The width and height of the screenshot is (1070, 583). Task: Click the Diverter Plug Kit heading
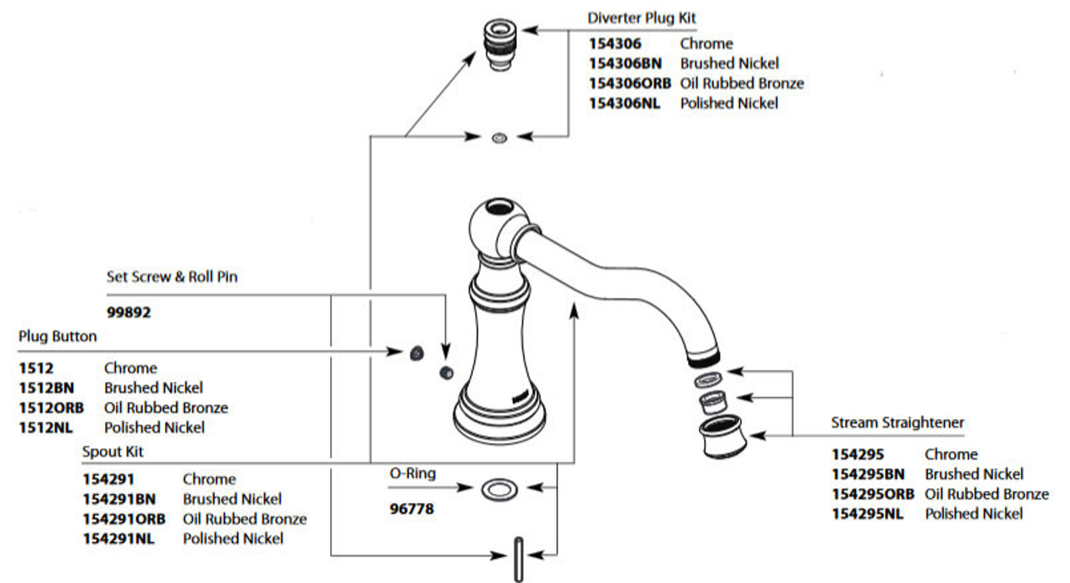(x=641, y=18)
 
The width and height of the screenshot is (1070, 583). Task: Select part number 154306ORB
(x=629, y=83)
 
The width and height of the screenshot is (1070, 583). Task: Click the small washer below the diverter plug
(x=500, y=137)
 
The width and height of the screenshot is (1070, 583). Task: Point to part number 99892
(x=128, y=313)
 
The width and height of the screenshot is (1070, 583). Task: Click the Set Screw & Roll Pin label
(x=172, y=277)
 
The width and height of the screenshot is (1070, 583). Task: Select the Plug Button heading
(x=57, y=336)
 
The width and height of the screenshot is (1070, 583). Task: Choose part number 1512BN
(x=46, y=387)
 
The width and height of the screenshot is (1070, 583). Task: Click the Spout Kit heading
(x=113, y=451)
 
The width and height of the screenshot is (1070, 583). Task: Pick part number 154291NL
(x=118, y=539)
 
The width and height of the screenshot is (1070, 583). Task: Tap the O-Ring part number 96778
(x=412, y=510)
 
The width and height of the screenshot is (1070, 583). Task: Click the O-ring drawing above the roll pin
(x=500, y=489)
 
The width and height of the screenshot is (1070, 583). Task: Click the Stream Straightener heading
(x=897, y=423)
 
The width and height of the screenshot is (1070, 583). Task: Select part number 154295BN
(x=868, y=474)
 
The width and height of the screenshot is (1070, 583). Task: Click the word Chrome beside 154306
(x=706, y=44)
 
